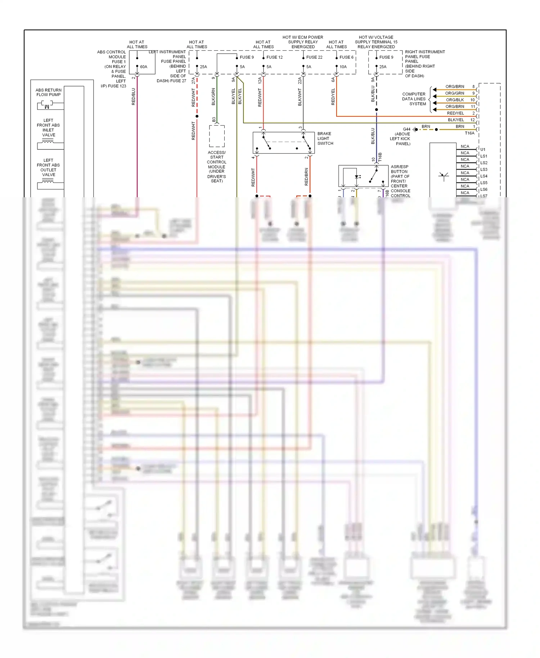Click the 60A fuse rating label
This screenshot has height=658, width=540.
[143, 67]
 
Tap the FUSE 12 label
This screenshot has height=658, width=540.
[274, 57]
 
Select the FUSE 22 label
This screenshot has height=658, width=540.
[314, 57]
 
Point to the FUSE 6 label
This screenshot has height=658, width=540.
[346, 57]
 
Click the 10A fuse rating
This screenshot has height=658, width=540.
[343, 67]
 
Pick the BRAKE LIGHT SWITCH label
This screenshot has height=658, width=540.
[325, 139]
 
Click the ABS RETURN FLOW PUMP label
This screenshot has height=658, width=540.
[49, 93]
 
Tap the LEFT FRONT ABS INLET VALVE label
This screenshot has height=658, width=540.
[48, 128]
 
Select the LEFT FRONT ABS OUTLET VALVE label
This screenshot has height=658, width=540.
[48, 167]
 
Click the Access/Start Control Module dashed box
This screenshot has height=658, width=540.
[217, 136]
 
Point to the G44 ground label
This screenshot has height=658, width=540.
[406, 129]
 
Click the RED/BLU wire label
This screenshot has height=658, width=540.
[134, 96]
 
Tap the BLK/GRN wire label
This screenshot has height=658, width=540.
[213, 96]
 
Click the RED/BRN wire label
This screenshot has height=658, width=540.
[307, 177]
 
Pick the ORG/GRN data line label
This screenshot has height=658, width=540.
[455, 93]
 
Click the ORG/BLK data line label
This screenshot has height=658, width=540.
[455, 100]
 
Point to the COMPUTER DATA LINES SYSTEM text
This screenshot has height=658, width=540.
[414, 99]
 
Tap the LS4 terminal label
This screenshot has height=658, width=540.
[484, 176]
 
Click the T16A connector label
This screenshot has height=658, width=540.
[469, 133]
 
